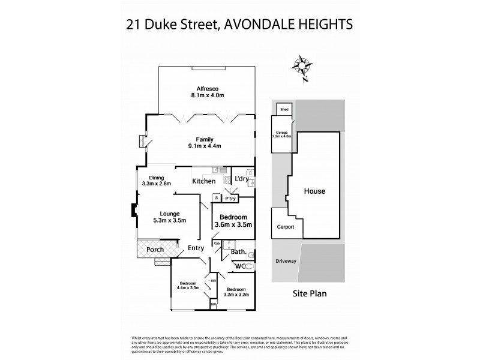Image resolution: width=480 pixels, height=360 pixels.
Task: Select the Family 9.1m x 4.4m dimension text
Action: click(x=204, y=146)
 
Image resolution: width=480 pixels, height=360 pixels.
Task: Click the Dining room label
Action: click(x=156, y=177)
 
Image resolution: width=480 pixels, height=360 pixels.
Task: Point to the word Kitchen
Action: click(x=203, y=181)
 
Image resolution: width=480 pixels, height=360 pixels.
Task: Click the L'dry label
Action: click(x=241, y=178)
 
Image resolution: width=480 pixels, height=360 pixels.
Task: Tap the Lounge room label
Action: click(x=169, y=212)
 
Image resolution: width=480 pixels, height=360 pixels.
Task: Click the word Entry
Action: click(x=196, y=248)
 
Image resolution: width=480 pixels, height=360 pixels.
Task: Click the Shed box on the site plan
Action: click(x=284, y=109)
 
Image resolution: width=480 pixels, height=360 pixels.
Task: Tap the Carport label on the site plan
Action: click(x=284, y=227)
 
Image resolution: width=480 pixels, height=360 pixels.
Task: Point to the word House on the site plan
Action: click(x=314, y=191)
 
